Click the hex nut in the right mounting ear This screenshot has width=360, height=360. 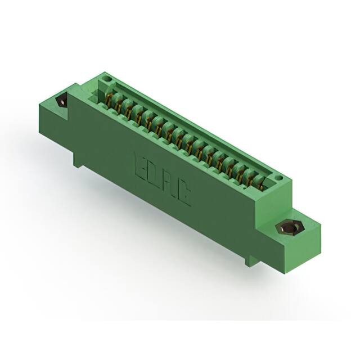click(287, 228)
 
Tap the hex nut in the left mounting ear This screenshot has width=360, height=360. click(61, 102)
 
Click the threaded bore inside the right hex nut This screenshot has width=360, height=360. click(287, 228)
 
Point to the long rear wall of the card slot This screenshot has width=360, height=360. click(191, 124)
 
